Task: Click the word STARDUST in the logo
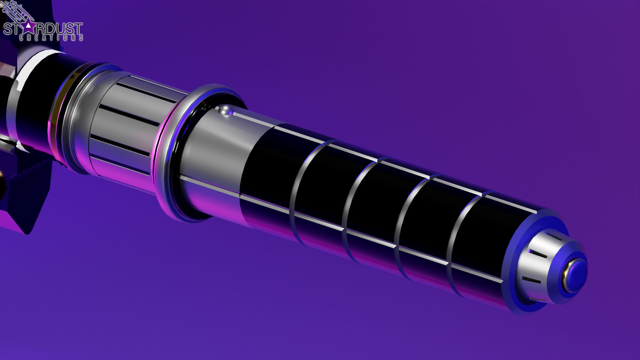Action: point(43,29)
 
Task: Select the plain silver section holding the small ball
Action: point(210,150)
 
